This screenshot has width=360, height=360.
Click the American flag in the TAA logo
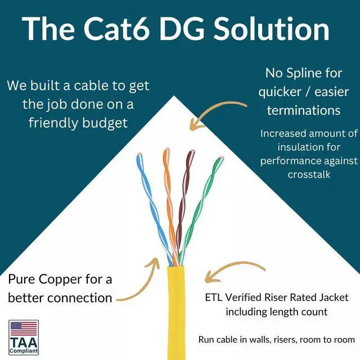click(24, 329)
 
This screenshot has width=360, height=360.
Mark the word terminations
click(304, 110)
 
